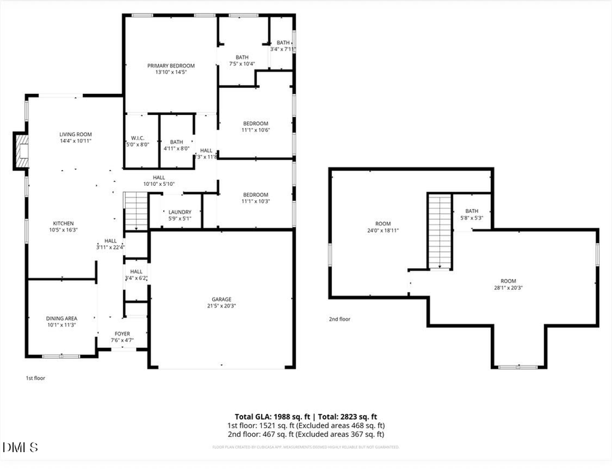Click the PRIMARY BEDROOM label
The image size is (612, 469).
point(171,65)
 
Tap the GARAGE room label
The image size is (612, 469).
point(222,300)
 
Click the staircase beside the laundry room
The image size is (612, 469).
point(137,210)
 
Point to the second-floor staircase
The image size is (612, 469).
point(439,231)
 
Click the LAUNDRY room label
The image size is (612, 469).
point(180,212)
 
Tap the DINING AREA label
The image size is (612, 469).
point(61,319)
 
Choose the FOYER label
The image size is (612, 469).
point(122,334)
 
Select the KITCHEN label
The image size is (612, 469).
point(63,223)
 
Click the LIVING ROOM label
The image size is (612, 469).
point(75,134)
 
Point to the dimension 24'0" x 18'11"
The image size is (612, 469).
point(383,231)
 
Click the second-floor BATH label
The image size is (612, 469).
point(471,211)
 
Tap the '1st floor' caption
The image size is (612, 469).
point(35,377)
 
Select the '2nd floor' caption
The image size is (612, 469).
point(339,319)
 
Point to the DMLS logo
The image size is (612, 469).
point(20,447)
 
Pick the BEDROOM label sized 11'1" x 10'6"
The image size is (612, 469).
point(256,123)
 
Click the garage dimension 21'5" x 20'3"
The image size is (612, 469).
point(222,306)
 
